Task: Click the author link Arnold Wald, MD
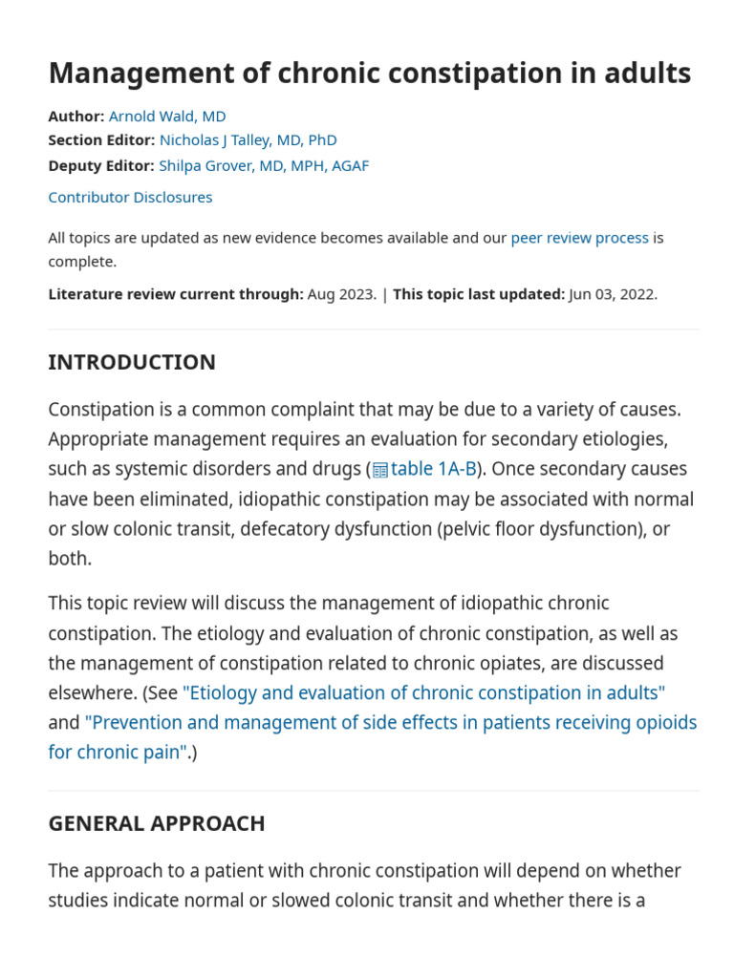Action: (167, 116)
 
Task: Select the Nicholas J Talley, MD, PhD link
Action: (248, 140)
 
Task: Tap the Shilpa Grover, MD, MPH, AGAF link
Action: (263, 165)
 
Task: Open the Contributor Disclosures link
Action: (130, 197)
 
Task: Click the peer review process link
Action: (579, 237)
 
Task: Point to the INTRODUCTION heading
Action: (132, 362)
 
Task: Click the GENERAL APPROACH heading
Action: (157, 822)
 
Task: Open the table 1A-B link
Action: (433, 469)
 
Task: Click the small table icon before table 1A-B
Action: (380, 470)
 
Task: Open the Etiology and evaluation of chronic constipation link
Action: (423, 692)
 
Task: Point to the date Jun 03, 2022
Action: (612, 294)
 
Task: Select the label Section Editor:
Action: (101, 140)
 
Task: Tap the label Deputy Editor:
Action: (100, 165)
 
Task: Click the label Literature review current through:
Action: (176, 294)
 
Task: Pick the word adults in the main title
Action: (643, 73)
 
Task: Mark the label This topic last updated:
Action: (478, 294)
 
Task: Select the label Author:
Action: (76, 116)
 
